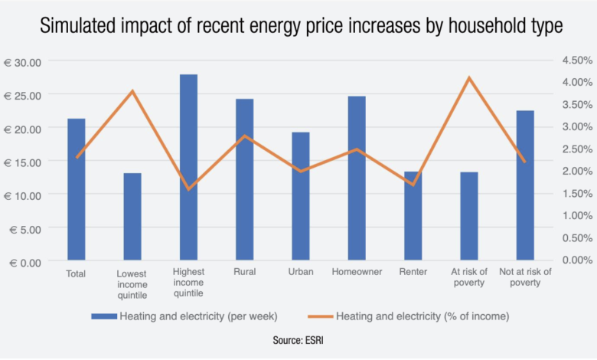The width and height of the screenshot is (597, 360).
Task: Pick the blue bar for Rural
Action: coord(245,179)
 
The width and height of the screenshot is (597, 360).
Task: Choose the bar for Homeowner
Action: coord(357,178)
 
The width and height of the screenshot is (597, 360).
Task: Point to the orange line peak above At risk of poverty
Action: coord(469,77)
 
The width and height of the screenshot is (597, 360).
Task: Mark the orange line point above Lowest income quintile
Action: coord(132,91)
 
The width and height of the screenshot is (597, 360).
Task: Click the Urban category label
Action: coord(300,273)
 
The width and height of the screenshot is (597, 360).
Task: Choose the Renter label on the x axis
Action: coord(413,273)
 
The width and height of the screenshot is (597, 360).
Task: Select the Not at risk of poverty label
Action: coord(525,277)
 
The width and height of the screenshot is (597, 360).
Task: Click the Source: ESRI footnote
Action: coord(298,338)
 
